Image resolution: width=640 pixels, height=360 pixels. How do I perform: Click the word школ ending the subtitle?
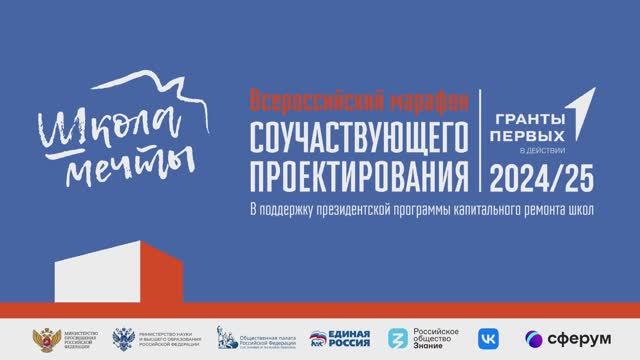click(583, 211)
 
